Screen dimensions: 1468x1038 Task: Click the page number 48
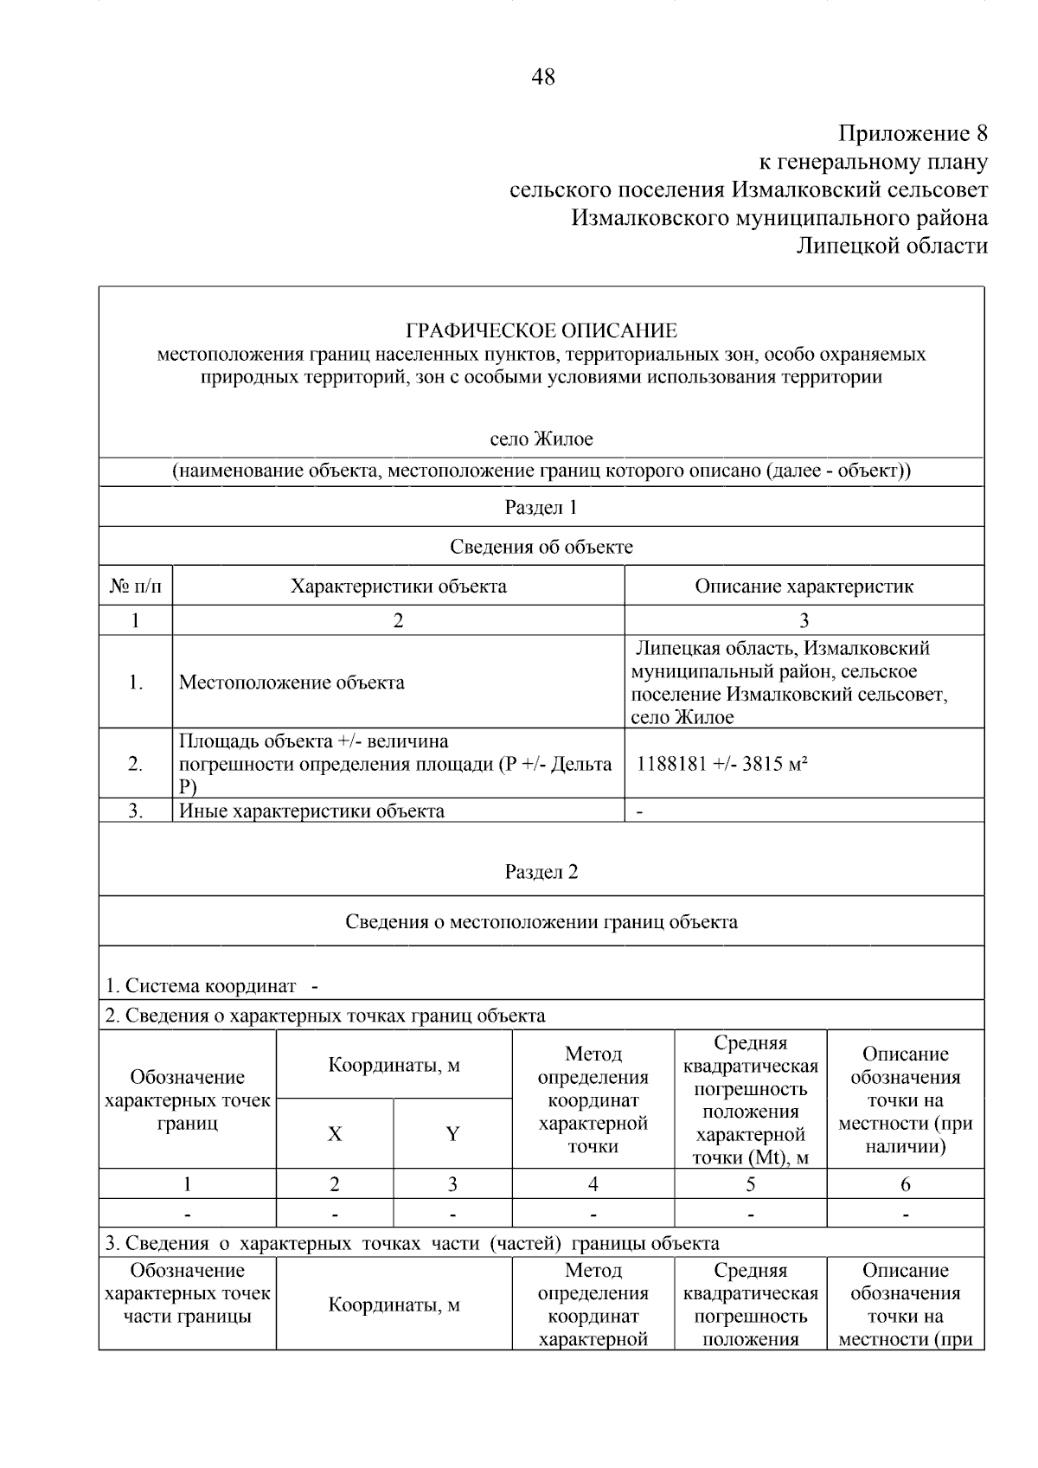(542, 78)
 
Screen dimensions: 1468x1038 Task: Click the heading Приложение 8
(912, 134)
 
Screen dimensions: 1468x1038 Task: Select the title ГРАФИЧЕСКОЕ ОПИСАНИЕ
(541, 330)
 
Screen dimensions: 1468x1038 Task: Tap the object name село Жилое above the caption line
(541, 439)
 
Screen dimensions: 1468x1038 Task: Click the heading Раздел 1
(541, 508)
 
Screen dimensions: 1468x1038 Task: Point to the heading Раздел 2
(541, 872)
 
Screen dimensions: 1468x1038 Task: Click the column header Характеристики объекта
(398, 587)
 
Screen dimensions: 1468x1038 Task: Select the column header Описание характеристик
(804, 587)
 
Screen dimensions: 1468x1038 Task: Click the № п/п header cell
(136, 587)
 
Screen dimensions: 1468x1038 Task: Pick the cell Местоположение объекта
(292, 683)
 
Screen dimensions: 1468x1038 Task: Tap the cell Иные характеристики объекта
(311, 811)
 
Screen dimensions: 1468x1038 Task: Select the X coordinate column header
(335, 1134)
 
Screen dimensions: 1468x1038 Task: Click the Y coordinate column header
(452, 1134)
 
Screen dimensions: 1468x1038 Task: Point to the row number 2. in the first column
(136, 764)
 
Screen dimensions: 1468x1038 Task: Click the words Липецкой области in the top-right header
(891, 247)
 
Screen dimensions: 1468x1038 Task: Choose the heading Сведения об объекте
(541, 547)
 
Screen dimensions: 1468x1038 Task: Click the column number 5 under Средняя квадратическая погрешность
(750, 1184)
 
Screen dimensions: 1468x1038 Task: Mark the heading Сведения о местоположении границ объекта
(541, 922)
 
